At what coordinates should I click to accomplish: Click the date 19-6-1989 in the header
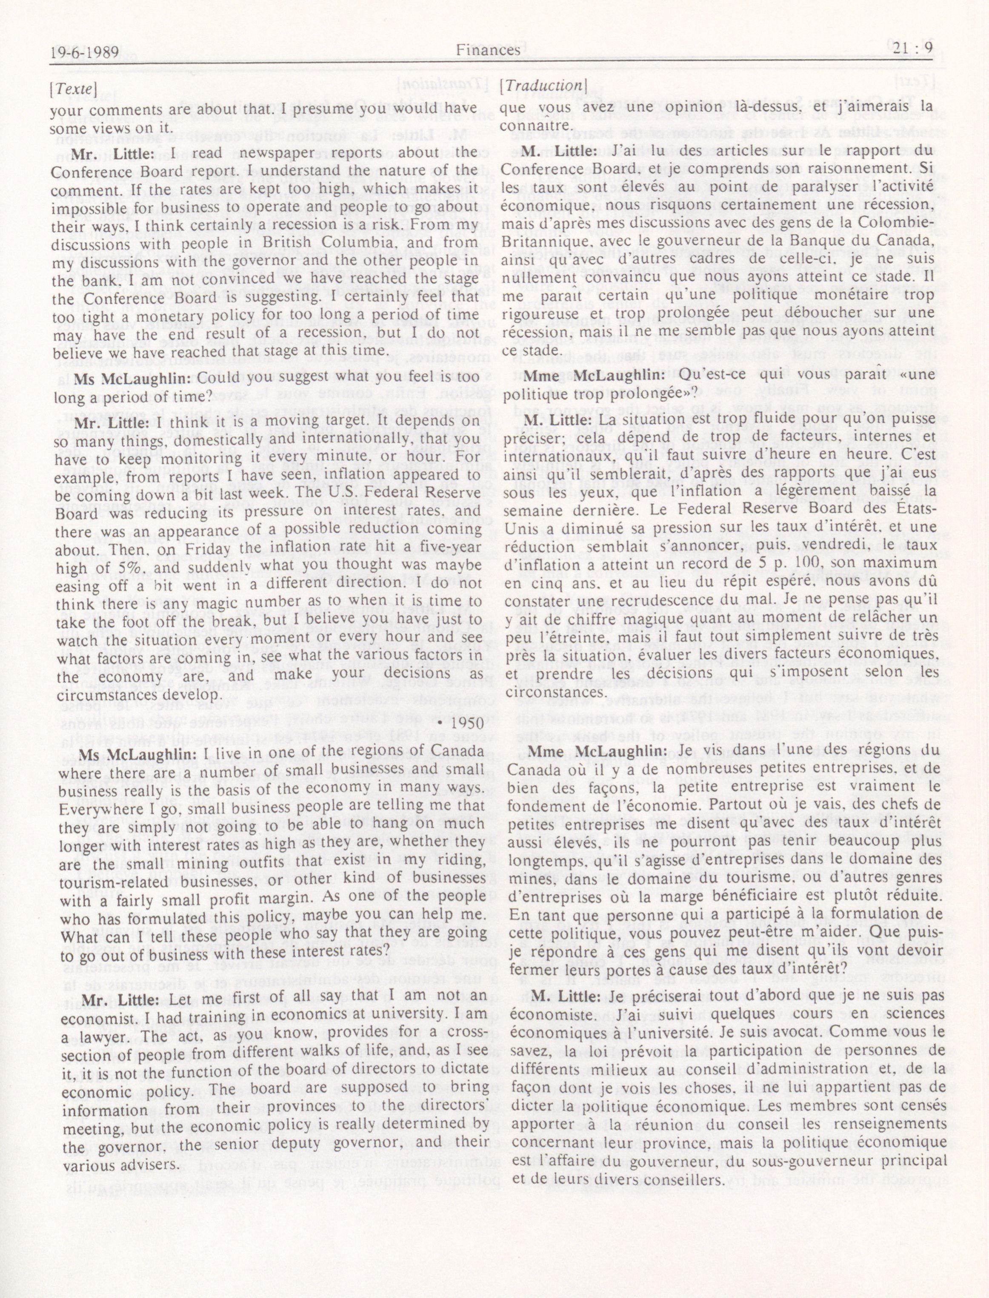[x=86, y=51]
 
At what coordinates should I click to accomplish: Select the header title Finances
[x=488, y=50]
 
